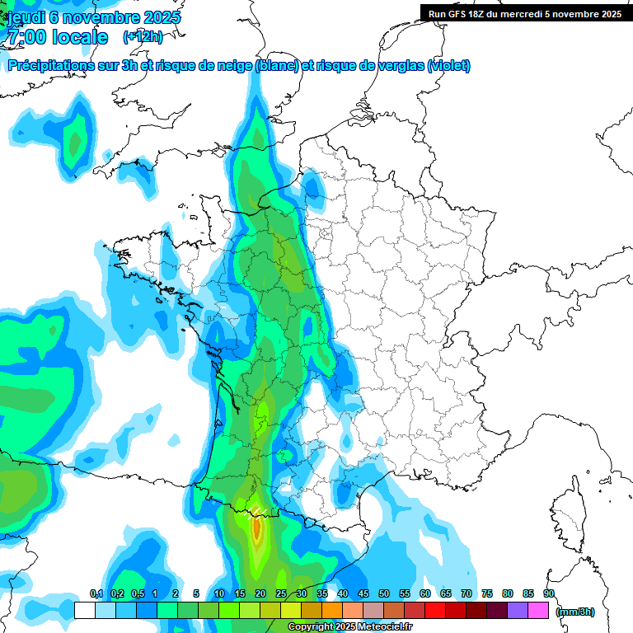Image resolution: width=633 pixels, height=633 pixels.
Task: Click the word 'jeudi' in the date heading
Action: tap(26, 17)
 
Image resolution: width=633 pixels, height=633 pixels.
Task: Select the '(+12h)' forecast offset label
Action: tap(143, 36)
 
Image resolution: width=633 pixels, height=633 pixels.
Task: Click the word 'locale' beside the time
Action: tap(80, 37)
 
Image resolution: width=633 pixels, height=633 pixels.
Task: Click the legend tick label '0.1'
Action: tap(96, 593)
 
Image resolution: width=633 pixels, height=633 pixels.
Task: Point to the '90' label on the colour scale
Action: tap(548, 593)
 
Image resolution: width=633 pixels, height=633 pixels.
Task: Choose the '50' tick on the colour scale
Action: tap(384, 593)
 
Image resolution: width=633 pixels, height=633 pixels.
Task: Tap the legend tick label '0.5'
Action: tap(138, 593)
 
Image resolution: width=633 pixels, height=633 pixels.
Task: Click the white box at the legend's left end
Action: tap(84, 610)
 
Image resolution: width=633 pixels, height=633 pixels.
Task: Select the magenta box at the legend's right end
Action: tap(538, 610)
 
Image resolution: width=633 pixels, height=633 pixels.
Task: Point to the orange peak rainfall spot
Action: tap(256, 527)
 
